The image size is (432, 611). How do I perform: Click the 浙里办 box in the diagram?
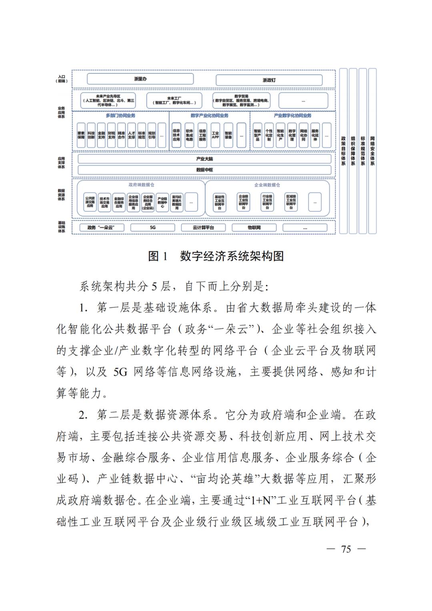pos(140,79)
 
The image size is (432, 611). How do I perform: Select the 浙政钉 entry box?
pos(269,80)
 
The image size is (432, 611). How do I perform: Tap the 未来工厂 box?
pos(174,100)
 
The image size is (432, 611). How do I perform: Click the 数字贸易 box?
pos(241,100)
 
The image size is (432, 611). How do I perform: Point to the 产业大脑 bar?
pos(204,159)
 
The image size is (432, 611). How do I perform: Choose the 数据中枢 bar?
pos(204,170)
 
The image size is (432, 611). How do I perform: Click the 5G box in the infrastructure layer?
pos(152,228)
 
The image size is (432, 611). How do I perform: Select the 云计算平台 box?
pos(203,228)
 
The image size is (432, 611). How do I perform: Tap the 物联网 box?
pos(254,228)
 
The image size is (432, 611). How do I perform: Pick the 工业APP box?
pos(215,135)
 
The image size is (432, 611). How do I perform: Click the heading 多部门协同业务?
pos(120,116)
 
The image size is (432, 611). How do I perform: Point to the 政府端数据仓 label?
pos(141,185)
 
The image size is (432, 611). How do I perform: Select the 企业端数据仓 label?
pos(267,185)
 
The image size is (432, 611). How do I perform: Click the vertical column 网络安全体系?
pos(372,151)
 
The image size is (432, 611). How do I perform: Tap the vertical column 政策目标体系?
pos(343,151)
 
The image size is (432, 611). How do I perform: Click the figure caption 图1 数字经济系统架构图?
pos(216,256)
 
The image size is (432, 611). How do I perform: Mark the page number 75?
pos(346,549)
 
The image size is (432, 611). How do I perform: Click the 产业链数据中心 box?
pos(162,202)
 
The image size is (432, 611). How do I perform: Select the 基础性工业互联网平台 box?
pos(219,202)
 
